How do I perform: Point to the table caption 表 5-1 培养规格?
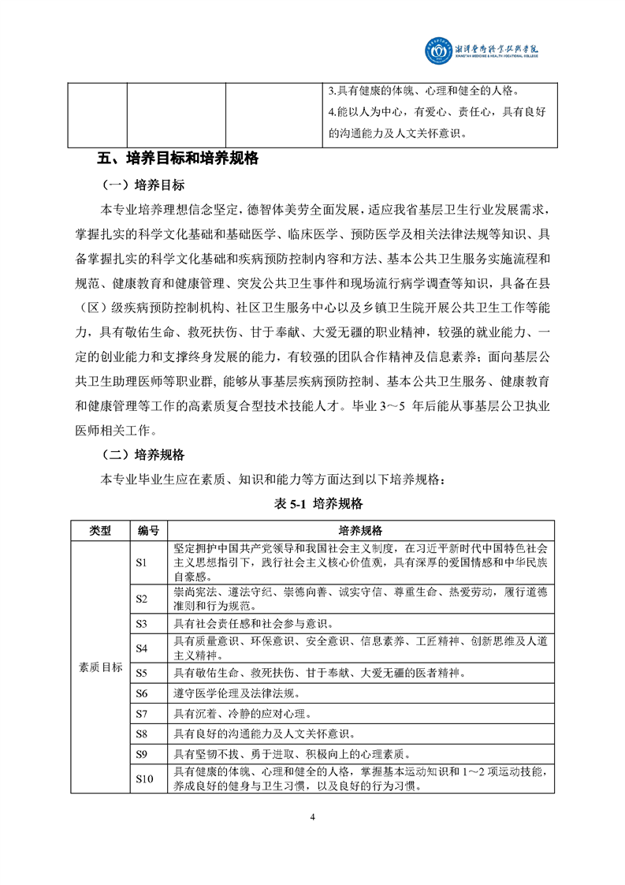(314, 503)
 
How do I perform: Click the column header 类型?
(100, 531)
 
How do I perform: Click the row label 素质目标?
(100, 667)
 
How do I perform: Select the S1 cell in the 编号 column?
(142, 562)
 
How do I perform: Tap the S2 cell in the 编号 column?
(142, 599)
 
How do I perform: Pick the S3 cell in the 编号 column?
(142, 624)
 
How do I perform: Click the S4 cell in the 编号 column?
(142, 648)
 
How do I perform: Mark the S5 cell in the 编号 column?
(142, 673)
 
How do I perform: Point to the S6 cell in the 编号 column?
(142, 693)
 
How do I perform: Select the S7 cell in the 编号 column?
(142, 714)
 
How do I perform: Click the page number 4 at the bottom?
(312, 817)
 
